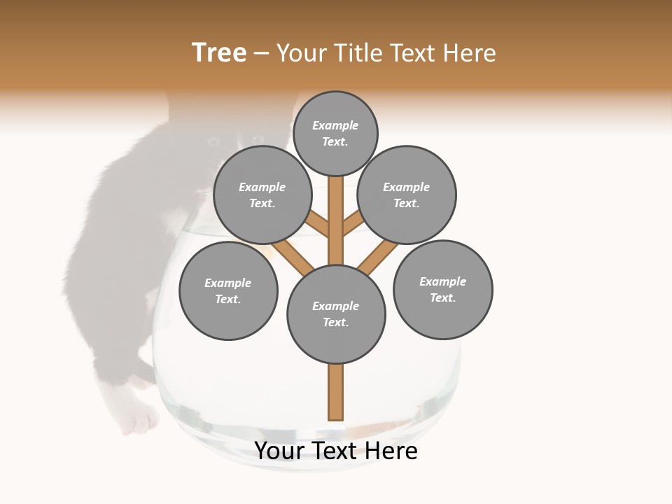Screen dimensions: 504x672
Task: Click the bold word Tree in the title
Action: click(219, 53)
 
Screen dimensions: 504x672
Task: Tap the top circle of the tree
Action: click(335, 133)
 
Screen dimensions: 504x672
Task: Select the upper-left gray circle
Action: click(262, 195)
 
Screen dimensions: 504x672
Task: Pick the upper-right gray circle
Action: click(407, 195)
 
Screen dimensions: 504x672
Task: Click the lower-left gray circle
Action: click(228, 290)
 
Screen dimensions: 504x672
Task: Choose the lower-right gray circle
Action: click(443, 290)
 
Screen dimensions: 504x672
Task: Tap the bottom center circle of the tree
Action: click(336, 314)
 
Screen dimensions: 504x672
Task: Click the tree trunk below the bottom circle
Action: click(336, 392)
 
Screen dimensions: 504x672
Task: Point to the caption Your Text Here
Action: click(336, 451)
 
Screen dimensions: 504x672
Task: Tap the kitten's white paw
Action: click(142, 421)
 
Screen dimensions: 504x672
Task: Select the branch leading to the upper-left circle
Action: click(318, 224)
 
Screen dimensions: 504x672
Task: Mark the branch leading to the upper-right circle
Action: click(353, 224)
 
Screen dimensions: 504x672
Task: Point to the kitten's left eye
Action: click(212, 141)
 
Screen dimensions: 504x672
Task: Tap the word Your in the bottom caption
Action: click(279, 451)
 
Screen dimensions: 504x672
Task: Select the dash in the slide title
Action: click(261, 54)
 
